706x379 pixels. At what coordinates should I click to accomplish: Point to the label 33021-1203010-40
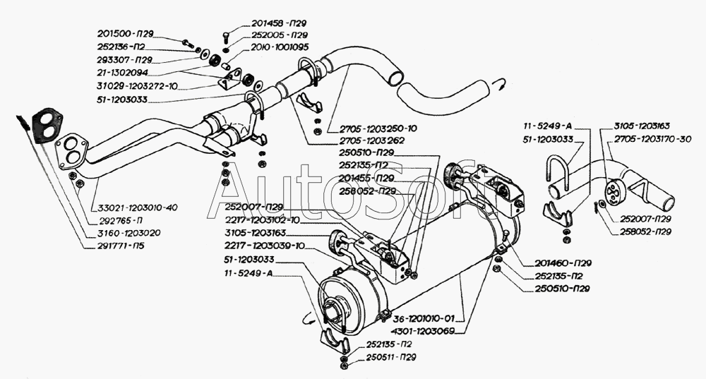(x=134, y=207)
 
